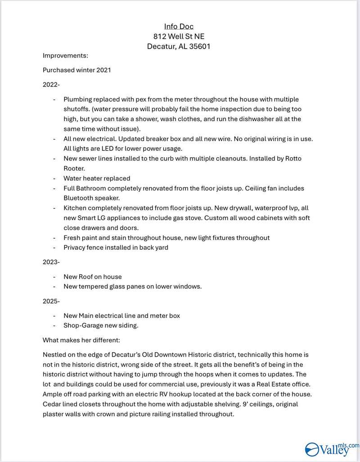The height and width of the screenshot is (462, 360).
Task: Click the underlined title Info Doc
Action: tap(179, 27)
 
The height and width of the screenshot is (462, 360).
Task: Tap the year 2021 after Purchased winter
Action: tap(102, 70)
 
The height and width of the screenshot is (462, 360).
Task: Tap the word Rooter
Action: tap(75, 168)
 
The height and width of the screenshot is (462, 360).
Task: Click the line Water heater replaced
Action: tap(97, 178)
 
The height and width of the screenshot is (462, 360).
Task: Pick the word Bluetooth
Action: tap(78, 198)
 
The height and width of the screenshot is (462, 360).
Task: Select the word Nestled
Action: tap(55, 355)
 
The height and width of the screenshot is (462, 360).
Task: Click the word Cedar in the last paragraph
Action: tap(53, 404)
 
